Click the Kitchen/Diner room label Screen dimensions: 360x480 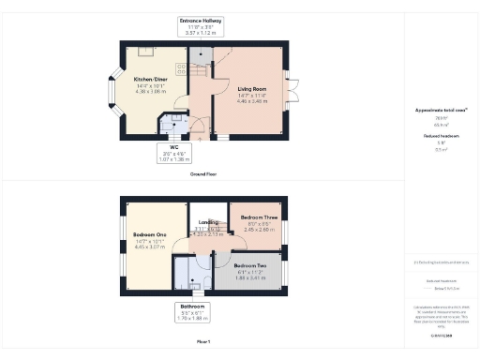[151, 80]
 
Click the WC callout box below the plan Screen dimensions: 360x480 [173, 154]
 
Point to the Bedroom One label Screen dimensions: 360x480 [149, 234]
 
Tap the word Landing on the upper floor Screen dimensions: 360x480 [208, 222]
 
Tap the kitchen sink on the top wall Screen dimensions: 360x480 [146, 52]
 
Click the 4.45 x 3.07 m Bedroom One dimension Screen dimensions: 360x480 [149, 247]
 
